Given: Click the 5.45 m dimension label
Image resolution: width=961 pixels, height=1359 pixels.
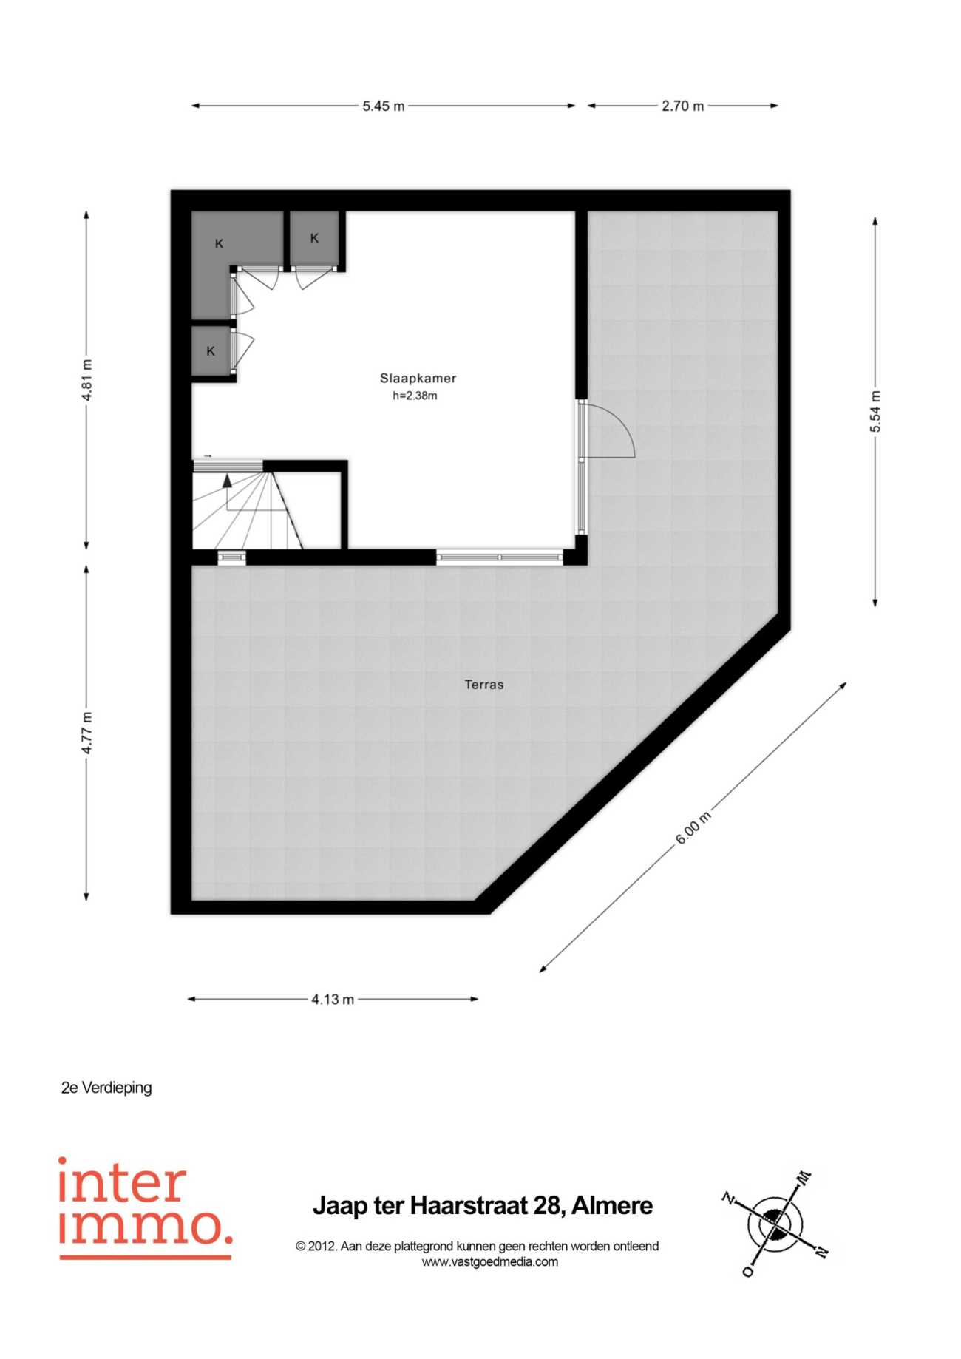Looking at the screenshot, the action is (384, 106).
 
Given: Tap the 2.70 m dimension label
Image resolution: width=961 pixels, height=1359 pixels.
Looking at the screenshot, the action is (683, 106).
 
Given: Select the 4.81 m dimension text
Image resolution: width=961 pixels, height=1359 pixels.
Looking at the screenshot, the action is (87, 380).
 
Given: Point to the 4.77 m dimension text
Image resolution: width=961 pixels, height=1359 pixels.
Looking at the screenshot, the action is (87, 733).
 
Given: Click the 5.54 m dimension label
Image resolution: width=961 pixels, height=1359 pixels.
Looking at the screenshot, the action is (875, 411).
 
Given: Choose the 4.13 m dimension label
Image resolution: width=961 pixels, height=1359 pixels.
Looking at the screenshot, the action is (333, 1000).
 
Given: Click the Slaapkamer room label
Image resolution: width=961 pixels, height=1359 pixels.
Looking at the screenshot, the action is (418, 378).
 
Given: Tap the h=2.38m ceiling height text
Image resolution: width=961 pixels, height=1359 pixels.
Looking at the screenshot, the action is (415, 396).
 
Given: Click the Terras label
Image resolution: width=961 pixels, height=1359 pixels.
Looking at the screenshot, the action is (484, 685).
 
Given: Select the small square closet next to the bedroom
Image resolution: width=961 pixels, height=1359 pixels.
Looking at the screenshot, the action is (314, 238).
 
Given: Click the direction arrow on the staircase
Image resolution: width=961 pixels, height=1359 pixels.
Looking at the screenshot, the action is (228, 481).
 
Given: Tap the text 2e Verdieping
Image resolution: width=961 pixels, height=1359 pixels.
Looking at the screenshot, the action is (106, 1088).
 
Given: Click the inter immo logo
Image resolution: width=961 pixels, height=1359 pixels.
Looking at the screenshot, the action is (145, 1208).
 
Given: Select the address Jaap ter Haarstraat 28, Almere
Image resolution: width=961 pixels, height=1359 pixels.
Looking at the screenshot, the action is (483, 1206).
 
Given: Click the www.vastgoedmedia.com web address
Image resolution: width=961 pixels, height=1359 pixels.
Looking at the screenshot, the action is (490, 1262).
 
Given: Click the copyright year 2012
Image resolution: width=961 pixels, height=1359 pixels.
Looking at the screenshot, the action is (320, 1246).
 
